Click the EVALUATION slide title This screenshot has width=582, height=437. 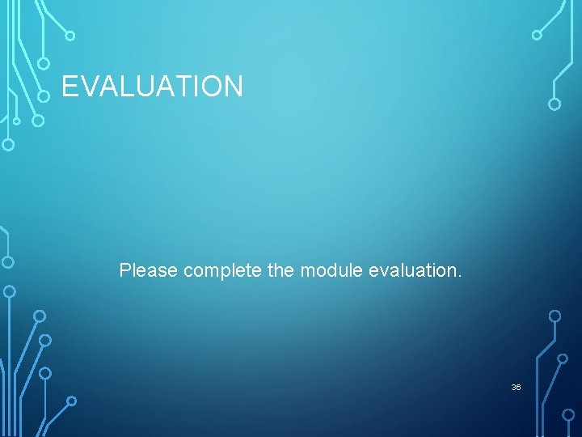[x=152, y=86]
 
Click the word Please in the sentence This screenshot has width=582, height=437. [x=149, y=270]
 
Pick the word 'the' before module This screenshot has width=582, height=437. [x=280, y=270]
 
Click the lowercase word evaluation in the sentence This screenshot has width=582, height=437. [x=412, y=270]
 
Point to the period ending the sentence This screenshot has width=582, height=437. [x=460, y=276]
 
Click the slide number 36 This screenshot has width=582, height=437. [x=516, y=388]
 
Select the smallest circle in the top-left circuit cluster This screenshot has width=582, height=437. [x=16, y=121]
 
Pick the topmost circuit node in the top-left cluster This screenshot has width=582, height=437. [x=70, y=36]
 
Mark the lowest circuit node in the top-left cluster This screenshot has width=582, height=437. [x=8, y=146]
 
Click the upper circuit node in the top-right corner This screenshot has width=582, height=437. [x=537, y=35]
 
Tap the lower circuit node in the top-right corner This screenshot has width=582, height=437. [x=555, y=104]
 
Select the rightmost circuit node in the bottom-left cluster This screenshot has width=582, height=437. [x=71, y=401]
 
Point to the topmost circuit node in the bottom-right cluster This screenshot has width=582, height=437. [x=555, y=316]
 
